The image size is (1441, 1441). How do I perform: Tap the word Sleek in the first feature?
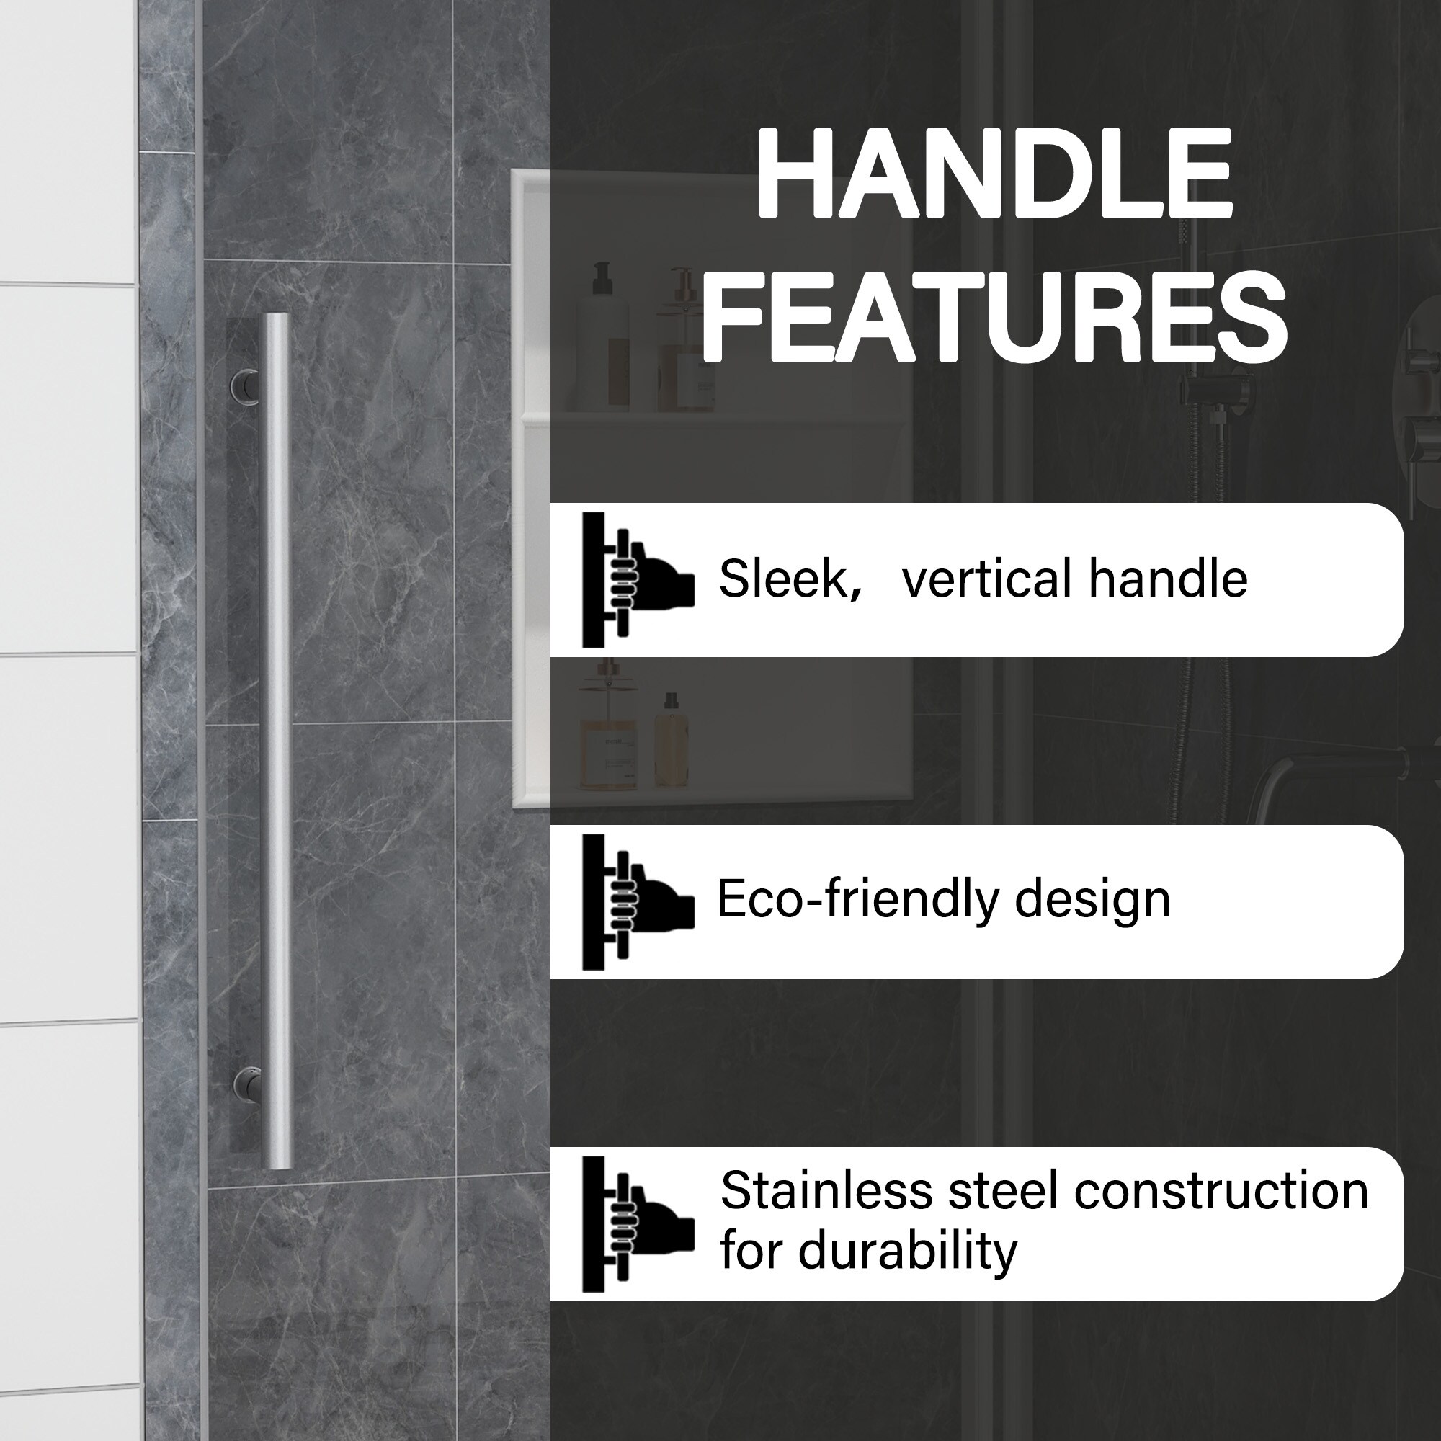click(x=784, y=579)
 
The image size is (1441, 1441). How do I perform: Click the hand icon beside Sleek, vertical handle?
click(x=638, y=579)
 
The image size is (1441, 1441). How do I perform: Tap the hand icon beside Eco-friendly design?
click(x=638, y=901)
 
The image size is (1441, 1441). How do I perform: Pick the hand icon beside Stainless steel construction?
click(x=638, y=1224)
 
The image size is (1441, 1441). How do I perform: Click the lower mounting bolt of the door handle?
click(x=246, y=1081)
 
